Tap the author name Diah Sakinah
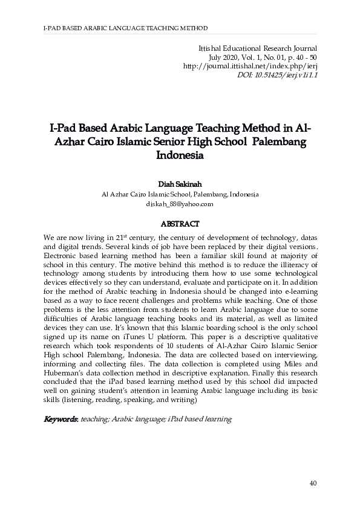180,184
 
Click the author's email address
180,204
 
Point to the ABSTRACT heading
180,223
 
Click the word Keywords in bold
60,419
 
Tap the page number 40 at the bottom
313,483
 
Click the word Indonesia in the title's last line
180,154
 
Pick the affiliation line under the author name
180,194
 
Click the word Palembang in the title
279,141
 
